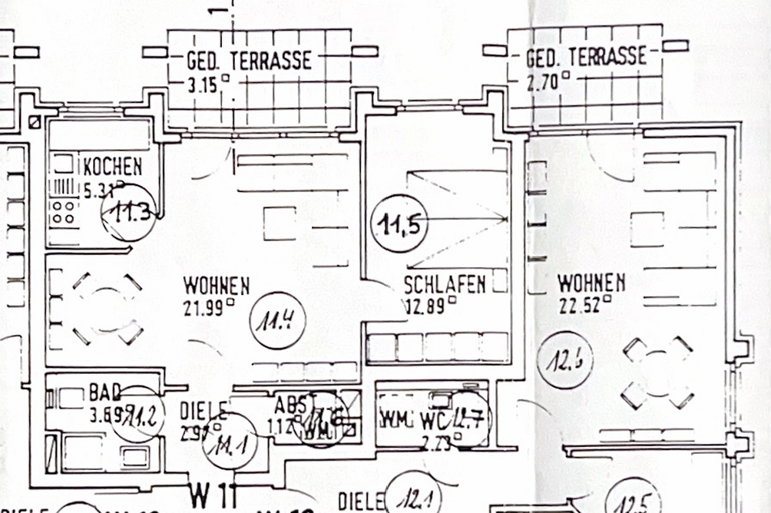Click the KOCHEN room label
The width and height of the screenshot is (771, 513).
point(112,166)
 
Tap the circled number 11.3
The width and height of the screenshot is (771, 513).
point(130,213)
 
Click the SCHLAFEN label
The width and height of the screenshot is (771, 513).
point(445,285)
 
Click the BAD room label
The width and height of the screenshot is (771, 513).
point(104,392)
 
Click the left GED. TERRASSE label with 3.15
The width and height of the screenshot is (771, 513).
point(249,61)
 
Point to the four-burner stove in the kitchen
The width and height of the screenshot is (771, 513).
point(63,212)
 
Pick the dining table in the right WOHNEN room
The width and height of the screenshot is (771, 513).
point(658,372)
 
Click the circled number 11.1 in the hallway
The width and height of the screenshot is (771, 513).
point(229,441)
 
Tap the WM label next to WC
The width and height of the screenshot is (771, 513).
point(394,420)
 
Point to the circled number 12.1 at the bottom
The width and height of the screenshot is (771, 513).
point(415,498)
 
